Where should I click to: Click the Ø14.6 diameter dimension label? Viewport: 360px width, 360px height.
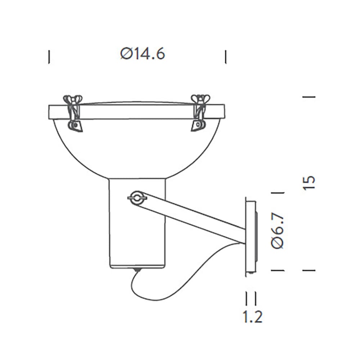(x=143, y=54)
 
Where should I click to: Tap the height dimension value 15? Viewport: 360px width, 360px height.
(x=309, y=183)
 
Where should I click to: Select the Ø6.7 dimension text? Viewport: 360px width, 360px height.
(x=278, y=230)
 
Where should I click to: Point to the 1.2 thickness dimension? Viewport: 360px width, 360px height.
(x=252, y=317)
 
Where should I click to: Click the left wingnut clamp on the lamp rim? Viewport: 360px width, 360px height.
(x=73, y=112)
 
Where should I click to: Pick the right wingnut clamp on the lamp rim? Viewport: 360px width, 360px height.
(x=199, y=112)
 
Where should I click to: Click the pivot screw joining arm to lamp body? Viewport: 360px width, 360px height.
(x=137, y=197)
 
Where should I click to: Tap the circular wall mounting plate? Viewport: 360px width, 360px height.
(x=251, y=236)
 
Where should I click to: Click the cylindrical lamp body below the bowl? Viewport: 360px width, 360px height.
(x=137, y=238)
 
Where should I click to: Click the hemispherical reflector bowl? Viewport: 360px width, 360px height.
(x=137, y=148)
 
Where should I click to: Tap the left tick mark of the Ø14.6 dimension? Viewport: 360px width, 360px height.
(x=49, y=57)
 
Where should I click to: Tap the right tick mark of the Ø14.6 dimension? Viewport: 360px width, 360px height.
(x=226, y=57)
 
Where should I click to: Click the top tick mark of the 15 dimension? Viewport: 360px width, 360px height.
(x=309, y=97)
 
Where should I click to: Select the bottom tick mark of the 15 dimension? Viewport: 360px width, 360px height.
(x=309, y=270)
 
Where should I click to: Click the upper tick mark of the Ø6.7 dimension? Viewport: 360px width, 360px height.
(x=278, y=193)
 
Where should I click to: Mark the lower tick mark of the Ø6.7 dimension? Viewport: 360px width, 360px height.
(x=278, y=270)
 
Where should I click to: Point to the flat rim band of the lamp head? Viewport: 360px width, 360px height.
(x=137, y=112)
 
